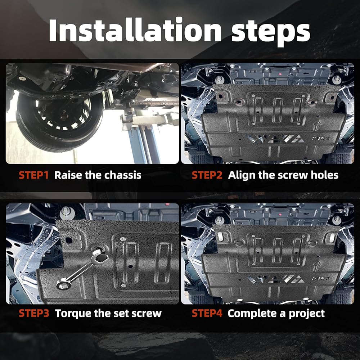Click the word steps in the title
[x=271, y=32]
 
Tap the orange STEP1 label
[x=33, y=175]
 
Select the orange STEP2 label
[x=207, y=175]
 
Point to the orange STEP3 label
[x=34, y=314]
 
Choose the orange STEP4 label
[x=207, y=314]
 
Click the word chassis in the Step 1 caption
[x=123, y=175]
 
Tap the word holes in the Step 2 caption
[x=324, y=175]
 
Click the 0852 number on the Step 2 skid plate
[x=320, y=139]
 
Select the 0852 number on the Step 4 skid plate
[x=320, y=279]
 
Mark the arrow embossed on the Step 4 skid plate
[x=317, y=266]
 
